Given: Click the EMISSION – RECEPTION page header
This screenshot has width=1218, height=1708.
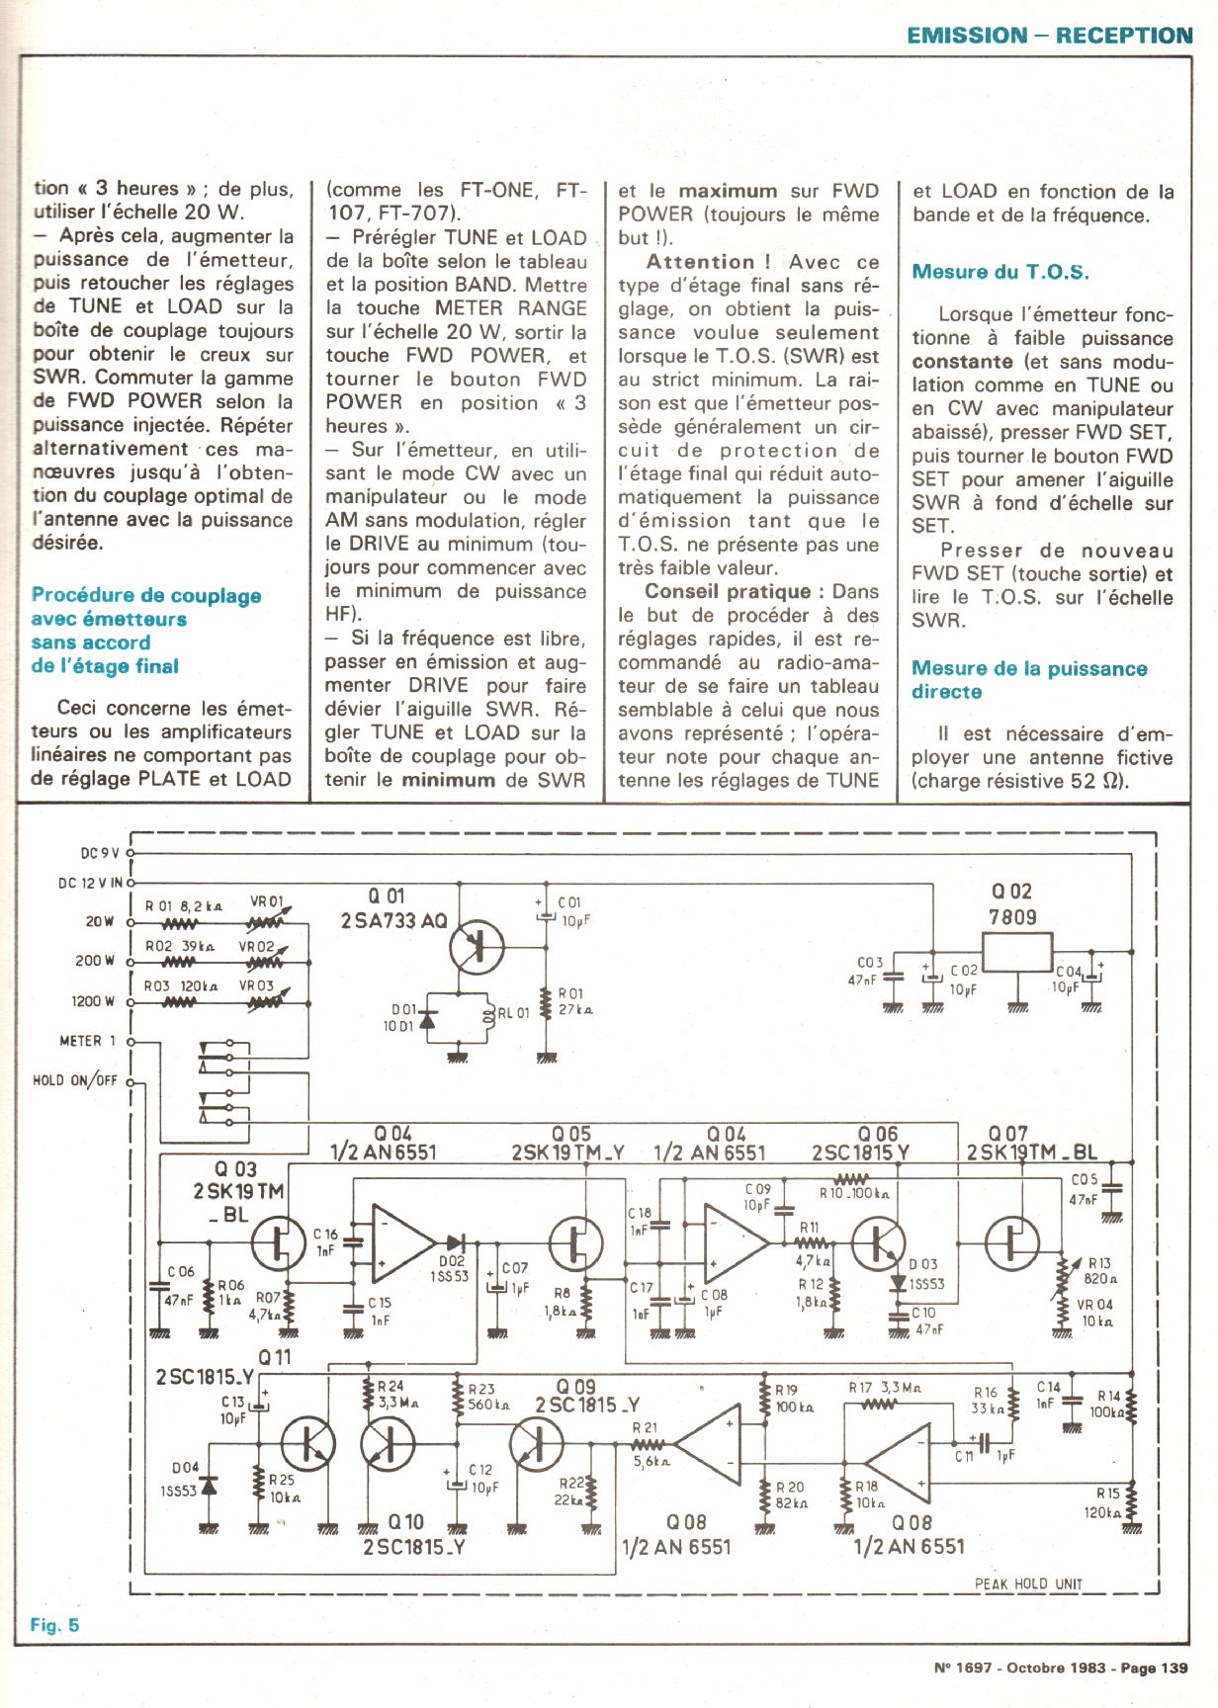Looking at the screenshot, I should click(x=1049, y=36).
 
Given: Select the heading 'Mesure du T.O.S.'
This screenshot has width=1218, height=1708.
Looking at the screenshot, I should click(x=1000, y=272).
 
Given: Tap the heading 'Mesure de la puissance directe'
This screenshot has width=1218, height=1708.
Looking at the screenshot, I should click(x=1028, y=680).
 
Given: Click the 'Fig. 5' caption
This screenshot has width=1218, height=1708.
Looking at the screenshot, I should click(x=54, y=1625).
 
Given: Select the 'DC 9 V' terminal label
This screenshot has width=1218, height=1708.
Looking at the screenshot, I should click(x=99, y=853).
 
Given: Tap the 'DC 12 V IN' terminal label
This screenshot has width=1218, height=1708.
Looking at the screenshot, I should click(x=89, y=883).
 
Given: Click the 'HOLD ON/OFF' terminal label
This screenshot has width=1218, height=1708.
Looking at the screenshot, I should click(x=75, y=1080).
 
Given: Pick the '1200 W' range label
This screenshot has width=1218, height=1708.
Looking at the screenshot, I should click(x=92, y=1001).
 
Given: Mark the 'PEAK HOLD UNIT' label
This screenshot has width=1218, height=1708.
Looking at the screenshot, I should click(x=1028, y=1583).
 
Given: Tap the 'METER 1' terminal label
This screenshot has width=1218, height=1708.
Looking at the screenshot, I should click(x=87, y=1041).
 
